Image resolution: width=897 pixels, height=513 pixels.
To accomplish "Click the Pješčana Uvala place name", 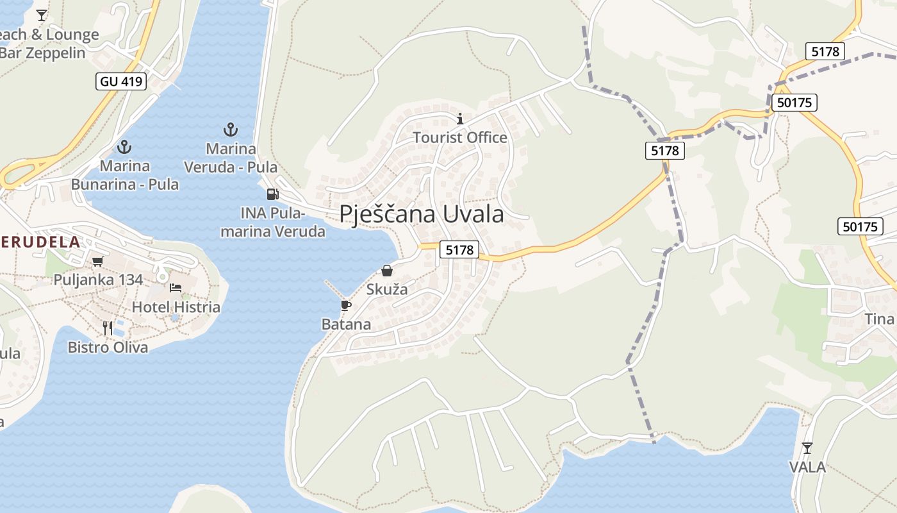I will pyautogui.click(x=421, y=214).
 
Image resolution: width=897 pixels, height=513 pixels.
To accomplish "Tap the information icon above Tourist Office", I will pyautogui.click(x=459, y=119).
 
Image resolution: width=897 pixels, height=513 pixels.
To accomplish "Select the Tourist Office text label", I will pyautogui.click(x=459, y=137).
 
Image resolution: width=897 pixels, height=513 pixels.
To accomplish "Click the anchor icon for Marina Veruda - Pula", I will pyautogui.click(x=230, y=130).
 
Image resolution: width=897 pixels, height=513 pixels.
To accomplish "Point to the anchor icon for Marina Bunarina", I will pyautogui.click(x=124, y=146).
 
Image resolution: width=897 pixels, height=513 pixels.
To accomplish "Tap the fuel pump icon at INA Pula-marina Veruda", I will pyautogui.click(x=272, y=194).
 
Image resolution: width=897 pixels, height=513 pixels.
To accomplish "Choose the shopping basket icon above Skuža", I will pyautogui.click(x=387, y=271).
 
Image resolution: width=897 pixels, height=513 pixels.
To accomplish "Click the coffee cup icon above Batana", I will pyautogui.click(x=346, y=305).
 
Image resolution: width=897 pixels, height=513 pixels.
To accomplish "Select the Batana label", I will pyautogui.click(x=346, y=324).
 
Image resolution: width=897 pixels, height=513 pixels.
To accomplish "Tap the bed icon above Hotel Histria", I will pyautogui.click(x=176, y=288).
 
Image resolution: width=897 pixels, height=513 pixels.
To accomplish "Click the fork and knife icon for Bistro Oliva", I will pyautogui.click(x=108, y=328).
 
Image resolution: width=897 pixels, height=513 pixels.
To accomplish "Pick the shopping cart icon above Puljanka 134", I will pyautogui.click(x=97, y=261).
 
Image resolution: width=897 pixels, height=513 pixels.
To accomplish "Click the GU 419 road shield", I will pyautogui.click(x=122, y=81).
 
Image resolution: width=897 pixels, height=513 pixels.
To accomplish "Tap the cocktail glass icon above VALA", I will pyautogui.click(x=807, y=448).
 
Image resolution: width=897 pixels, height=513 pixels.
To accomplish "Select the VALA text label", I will pyautogui.click(x=807, y=467).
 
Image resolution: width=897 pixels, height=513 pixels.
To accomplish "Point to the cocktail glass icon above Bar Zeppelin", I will pyautogui.click(x=42, y=15).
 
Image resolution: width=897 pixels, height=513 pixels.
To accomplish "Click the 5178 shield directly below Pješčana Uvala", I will pyautogui.click(x=459, y=249).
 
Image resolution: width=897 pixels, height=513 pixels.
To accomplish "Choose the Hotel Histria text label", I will pyautogui.click(x=176, y=307).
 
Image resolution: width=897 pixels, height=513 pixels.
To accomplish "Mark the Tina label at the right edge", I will pyautogui.click(x=879, y=319).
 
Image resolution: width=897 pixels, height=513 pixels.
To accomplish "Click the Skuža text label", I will pyautogui.click(x=387, y=289).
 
